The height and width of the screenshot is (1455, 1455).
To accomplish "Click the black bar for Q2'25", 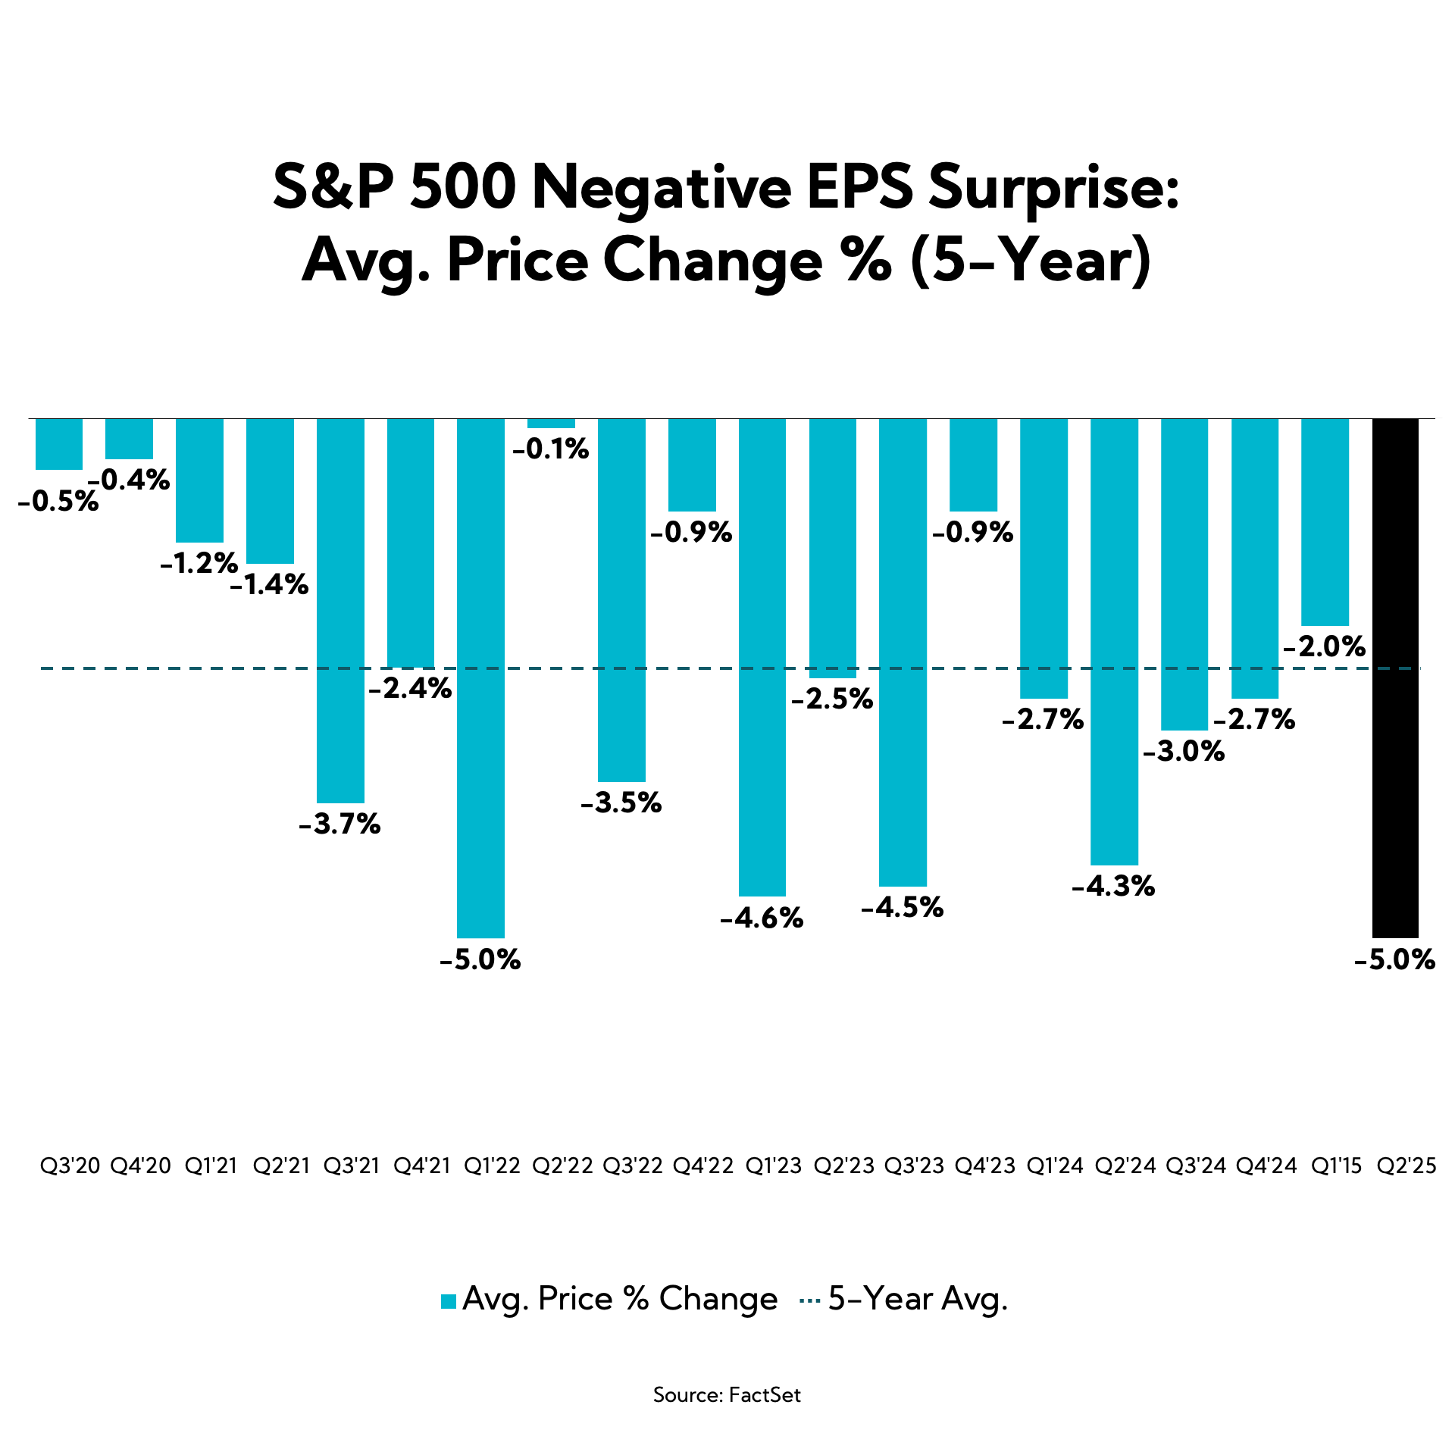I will point(1395,677).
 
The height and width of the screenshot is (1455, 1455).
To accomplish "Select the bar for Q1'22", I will point(480,677).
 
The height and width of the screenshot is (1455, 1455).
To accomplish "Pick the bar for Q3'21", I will point(340,610).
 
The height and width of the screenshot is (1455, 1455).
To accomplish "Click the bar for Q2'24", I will point(1114,641).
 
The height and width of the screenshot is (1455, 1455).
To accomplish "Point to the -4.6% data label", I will point(762,918).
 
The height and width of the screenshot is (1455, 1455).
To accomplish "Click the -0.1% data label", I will point(551,450).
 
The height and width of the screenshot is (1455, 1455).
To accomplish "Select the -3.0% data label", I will point(1184,752).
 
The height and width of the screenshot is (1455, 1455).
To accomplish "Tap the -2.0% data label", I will point(1325,646).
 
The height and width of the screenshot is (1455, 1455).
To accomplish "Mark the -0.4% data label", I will point(129,480).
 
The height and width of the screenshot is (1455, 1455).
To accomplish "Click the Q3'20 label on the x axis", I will point(70,1166).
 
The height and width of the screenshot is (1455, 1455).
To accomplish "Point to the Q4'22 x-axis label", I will point(703,1166).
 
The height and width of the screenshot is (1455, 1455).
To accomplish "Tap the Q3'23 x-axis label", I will point(915,1166).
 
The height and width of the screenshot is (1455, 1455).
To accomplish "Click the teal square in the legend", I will point(449,1301).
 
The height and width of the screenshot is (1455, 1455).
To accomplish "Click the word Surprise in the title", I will point(1053,189).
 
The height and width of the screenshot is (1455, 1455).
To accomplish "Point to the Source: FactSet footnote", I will point(727,1395).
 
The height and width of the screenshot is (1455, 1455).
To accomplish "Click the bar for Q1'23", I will point(762,657).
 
